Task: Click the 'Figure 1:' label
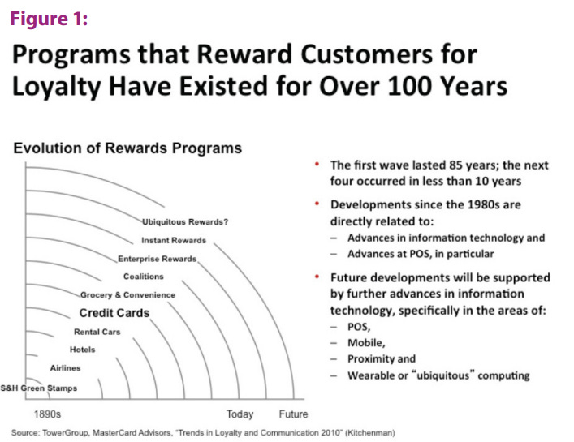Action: point(48,19)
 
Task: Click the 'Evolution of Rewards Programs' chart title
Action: point(127,148)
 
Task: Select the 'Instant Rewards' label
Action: point(174,241)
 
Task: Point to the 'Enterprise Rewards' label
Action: point(158,259)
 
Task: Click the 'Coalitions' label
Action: point(143,277)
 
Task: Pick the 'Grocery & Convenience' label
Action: point(127,295)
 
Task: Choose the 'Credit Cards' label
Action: point(114,313)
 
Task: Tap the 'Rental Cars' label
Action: point(97,332)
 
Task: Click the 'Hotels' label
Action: point(82,350)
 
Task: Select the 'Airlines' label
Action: point(65,368)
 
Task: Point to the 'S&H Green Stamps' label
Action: point(39,388)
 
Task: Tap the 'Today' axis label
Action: point(240,414)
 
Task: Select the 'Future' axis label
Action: point(293,414)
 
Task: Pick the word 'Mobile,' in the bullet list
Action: point(367,342)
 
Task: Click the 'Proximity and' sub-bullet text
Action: point(381,358)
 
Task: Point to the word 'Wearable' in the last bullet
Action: point(370,375)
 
